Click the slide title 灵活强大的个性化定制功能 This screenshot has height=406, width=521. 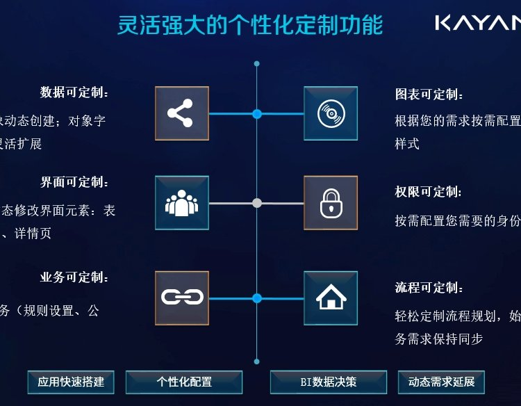[250, 25]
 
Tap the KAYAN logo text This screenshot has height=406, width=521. [477, 24]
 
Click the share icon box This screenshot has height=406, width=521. [181, 113]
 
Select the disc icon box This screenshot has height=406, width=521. [331, 113]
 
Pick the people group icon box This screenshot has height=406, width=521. [181, 202]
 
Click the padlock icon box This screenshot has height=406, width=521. [331, 202]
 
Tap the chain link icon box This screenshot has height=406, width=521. [181, 298]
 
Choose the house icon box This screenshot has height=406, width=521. [331, 298]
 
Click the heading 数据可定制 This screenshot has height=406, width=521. [74, 92]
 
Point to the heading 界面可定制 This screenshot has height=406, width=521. [74, 183]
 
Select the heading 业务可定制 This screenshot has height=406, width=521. [74, 277]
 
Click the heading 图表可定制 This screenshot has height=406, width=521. [429, 95]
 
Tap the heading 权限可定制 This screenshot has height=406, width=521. [429, 192]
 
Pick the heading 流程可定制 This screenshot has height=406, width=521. [429, 288]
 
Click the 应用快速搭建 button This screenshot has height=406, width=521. [71, 382]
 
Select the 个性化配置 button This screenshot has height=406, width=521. [184, 382]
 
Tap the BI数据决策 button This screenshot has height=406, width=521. [328, 382]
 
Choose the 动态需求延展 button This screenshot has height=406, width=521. [441, 382]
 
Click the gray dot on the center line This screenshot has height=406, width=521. [257, 203]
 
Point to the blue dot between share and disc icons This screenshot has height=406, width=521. [257, 113]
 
